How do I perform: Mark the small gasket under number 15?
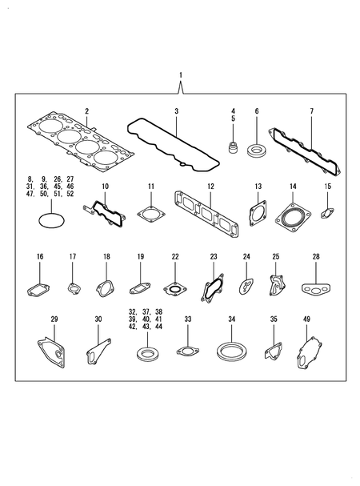click(x=327, y=213)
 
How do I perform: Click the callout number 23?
click(x=214, y=256)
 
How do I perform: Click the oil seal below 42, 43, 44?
click(x=147, y=352)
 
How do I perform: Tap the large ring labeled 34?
click(x=230, y=351)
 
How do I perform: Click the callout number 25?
click(x=276, y=256)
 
